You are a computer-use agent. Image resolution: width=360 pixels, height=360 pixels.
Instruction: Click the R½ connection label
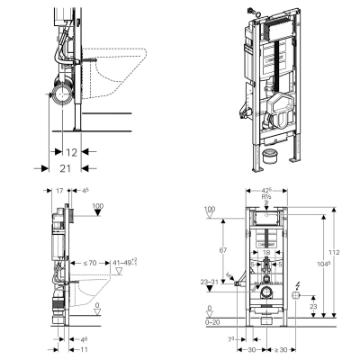266,197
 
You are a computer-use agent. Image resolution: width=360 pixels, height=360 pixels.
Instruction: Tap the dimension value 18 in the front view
267,254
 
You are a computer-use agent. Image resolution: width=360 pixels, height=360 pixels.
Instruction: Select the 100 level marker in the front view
210,209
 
